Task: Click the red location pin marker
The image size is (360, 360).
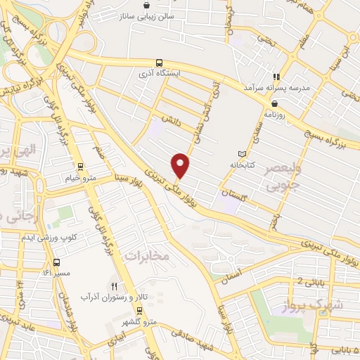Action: (x=181, y=165)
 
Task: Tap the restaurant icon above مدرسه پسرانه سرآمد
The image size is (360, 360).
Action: (x=277, y=76)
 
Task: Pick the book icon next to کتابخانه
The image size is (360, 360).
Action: (x=243, y=153)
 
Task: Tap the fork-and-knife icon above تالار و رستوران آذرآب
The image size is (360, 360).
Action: (x=116, y=286)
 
